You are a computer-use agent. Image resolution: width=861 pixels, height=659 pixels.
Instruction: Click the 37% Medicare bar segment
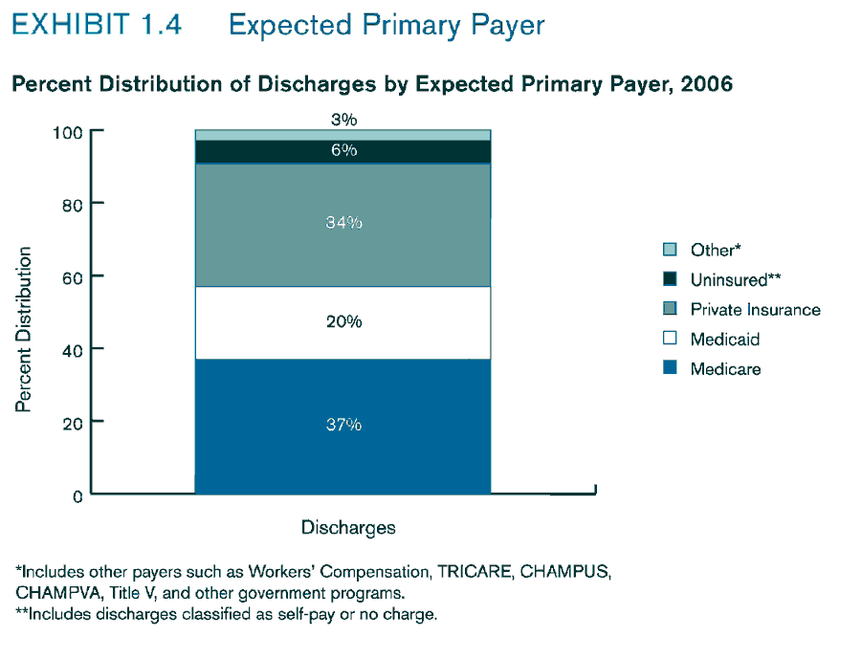(342, 426)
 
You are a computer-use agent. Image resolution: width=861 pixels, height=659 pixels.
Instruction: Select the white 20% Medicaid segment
(342, 322)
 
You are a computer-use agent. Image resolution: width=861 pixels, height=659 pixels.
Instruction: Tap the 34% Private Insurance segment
(342, 224)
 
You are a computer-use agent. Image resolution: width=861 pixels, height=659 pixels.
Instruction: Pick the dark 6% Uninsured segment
(342, 151)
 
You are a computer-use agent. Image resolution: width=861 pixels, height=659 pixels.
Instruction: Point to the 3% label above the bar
(343, 120)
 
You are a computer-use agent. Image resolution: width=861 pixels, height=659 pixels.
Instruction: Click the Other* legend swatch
(670, 250)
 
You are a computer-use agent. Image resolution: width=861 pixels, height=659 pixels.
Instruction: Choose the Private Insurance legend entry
(754, 310)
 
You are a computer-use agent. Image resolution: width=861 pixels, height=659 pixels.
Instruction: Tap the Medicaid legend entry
(724, 340)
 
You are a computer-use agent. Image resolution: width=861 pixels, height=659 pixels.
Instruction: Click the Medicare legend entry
(724, 369)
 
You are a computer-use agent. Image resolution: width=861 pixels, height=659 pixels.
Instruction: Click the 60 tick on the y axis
(74, 277)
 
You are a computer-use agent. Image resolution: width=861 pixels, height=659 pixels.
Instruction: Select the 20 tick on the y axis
(74, 423)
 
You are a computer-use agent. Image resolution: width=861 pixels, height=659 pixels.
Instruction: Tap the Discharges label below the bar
(348, 528)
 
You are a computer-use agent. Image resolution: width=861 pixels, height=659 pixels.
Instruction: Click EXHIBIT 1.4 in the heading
(97, 25)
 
